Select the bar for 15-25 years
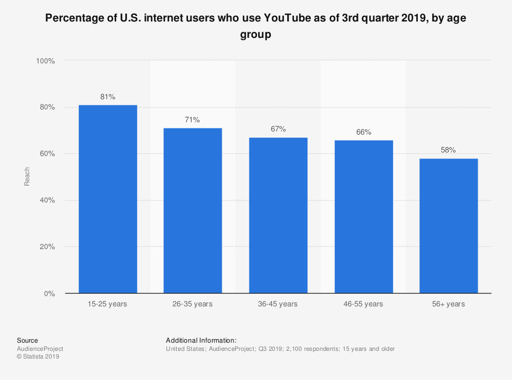tap(108, 199)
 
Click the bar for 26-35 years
tap(193, 211)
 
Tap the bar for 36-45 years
tap(278, 215)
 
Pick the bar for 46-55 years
tap(364, 217)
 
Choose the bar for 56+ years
tap(449, 226)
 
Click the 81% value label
tap(108, 97)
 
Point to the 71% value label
tap(193, 120)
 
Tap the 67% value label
tap(278, 129)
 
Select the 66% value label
tap(364, 132)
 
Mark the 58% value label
tap(449, 150)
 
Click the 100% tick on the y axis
tap(45, 61)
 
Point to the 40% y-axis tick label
tap(47, 200)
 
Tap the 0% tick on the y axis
tap(49, 294)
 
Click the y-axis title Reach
tap(27, 176)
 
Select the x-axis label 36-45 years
tap(278, 304)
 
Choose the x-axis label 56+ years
tap(449, 304)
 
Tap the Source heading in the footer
tap(27, 340)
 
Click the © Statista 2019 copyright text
tap(38, 357)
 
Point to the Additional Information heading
tap(201, 340)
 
